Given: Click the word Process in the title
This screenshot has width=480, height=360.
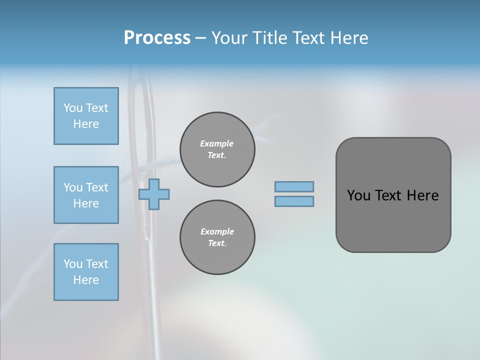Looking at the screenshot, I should [157, 37].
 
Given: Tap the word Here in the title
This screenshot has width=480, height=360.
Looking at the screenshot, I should [348, 37].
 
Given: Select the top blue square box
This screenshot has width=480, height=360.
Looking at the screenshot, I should [86, 116].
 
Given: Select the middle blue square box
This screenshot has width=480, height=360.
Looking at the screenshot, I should [86, 195].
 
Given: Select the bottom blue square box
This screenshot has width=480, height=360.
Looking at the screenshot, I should [86, 272].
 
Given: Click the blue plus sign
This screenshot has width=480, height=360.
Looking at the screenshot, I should [154, 194].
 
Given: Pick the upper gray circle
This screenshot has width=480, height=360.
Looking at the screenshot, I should [217, 149].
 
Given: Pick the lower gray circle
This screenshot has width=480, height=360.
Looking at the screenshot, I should [217, 237].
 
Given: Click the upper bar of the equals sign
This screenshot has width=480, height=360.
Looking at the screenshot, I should [294, 186].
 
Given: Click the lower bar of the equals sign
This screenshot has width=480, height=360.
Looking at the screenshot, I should [294, 201].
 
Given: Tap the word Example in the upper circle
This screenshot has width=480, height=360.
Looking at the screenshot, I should [217, 143].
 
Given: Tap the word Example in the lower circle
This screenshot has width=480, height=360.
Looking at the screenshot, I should [217, 231].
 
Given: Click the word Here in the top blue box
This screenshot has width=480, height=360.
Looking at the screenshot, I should [86, 124].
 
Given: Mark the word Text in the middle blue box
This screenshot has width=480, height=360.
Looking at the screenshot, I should [97, 187].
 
